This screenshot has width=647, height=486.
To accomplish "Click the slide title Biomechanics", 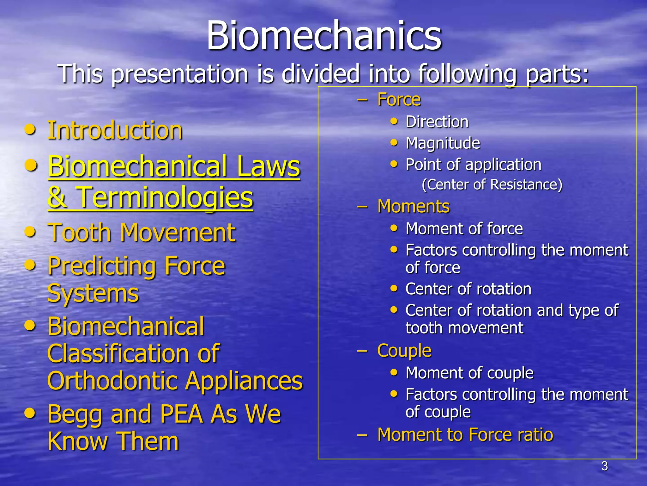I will pyautogui.click(x=324, y=35).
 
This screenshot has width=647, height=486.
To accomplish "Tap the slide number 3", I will pyautogui.click(x=604, y=466).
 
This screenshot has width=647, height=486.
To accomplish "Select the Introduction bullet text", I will pyautogui.click(x=115, y=130).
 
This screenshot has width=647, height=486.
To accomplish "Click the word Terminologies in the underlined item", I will pyautogui.click(x=165, y=197).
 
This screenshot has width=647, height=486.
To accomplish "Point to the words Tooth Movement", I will pyautogui.click(x=141, y=233).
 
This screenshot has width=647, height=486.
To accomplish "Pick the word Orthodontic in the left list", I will pyautogui.click(x=112, y=381).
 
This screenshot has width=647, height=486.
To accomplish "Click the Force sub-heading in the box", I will pyautogui.click(x=399, y=100).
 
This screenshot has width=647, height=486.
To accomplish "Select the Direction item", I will pyautogui.click(x=437, y=122).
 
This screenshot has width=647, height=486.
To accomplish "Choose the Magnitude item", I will pyautogui.click(x=443, y=143).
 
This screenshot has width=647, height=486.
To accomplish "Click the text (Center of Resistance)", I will pyautogui.click(x=492, y=184).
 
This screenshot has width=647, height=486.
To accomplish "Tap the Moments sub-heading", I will pyautogui.click(x=413, y=207).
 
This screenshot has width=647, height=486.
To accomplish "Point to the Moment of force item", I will pyautogui.click(x=464, y=228).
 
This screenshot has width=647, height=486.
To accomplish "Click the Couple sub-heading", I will pyautogui.click(x=404, y=351).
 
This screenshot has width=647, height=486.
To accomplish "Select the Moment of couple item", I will pyautogui.click(x=469, y=373).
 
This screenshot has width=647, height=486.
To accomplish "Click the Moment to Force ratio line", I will pyautogui.click(x=465, y=434).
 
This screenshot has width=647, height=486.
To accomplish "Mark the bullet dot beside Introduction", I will pyautogui.click(x=30, y=130).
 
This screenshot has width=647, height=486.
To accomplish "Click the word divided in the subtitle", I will pyautogui.click(x=321, y=74).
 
